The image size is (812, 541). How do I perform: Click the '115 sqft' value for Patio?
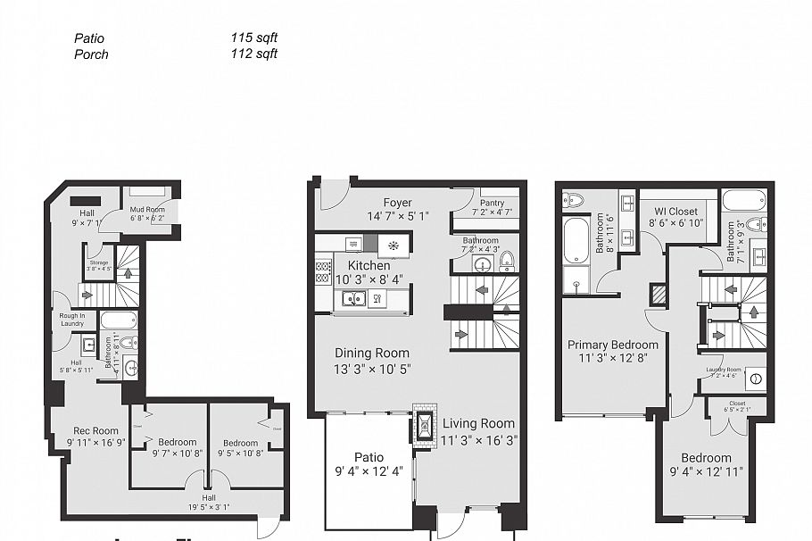click(253, 38)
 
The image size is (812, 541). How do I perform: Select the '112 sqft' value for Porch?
click(253, 54)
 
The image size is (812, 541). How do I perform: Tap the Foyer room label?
click(397, 203)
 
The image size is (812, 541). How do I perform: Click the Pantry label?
click(493, 204)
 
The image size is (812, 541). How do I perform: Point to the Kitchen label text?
click(369, 265)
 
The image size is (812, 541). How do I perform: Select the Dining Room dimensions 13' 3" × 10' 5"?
click(372, 369)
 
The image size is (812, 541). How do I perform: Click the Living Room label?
click(478, 423)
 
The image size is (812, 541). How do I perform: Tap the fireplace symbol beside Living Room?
click(424, 428)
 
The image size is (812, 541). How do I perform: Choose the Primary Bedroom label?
click(613, 345)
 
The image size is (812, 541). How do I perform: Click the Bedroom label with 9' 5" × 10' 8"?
click(240, 443)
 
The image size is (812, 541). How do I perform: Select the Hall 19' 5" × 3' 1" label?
click(208, 501)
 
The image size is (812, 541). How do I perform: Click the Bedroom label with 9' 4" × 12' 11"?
click(706, 458)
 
